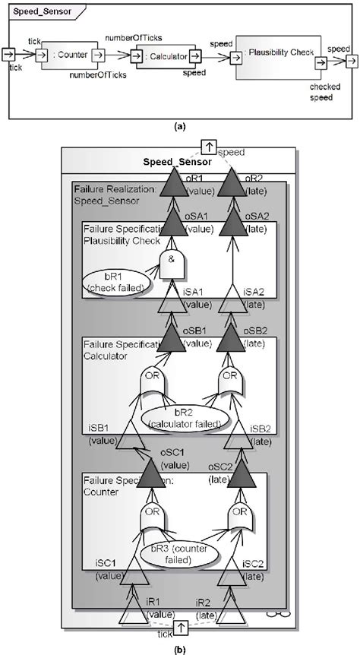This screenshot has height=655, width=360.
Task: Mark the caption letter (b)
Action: click(x=180, y=648)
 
